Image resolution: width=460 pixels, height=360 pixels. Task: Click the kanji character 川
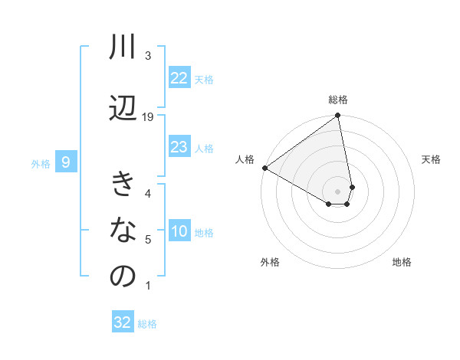tap(123, 47)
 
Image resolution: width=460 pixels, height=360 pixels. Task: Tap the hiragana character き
tap(123, 185)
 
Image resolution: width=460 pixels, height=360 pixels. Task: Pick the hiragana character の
tap(123, 277)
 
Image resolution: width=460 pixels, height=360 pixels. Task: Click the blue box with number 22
tap(179, 78)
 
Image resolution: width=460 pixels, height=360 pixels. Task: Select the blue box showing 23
tap(179, 148)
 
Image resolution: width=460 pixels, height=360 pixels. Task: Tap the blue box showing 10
tap(179, 232)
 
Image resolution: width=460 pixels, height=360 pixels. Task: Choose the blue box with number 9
tap(66, 162)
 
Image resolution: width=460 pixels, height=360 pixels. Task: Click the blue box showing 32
tap(123, 322)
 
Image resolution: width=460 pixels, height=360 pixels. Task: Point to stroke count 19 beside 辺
tap(148, 117)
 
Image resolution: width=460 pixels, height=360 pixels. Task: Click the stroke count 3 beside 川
tap(148, 56)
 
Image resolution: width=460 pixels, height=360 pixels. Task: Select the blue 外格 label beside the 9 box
tap(41, 163)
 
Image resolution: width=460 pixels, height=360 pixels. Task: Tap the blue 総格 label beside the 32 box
tap(147, 324)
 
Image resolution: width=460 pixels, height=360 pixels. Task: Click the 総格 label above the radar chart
tap(338, 100)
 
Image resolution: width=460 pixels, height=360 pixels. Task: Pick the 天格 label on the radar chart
tap(432, 159)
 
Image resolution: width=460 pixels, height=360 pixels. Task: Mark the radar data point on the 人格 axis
tap(264, 168)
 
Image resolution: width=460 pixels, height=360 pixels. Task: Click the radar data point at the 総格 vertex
tap(337, 116)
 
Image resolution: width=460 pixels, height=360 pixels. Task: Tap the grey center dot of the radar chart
tap(337, 191)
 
